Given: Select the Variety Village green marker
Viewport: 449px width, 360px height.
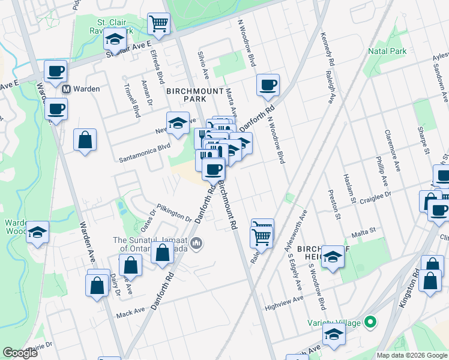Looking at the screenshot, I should click(x=370, y=323).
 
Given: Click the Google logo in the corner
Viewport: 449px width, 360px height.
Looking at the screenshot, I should click(x=20, y=353).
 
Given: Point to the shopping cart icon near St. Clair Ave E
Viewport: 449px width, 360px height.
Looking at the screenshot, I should click(x=159, y=24).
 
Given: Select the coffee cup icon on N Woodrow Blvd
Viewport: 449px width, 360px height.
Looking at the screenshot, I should click(x=268, y=84).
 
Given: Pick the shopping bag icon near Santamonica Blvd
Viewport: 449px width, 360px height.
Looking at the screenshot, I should click(x=85, y=140).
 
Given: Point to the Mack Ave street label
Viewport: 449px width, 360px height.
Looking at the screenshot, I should click(x=131, y=313).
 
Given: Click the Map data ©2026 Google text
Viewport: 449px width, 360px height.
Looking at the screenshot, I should click(x=412, y=355).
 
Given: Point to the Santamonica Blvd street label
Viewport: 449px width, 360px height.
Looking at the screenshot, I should click(x=145, y=153).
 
